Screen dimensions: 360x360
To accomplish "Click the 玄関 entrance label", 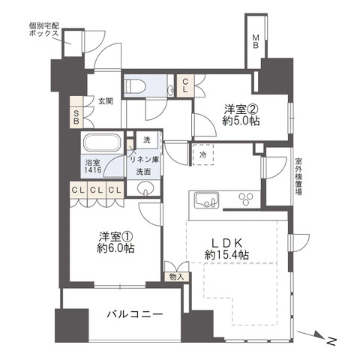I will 105,102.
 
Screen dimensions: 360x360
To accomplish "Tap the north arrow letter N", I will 330,341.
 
